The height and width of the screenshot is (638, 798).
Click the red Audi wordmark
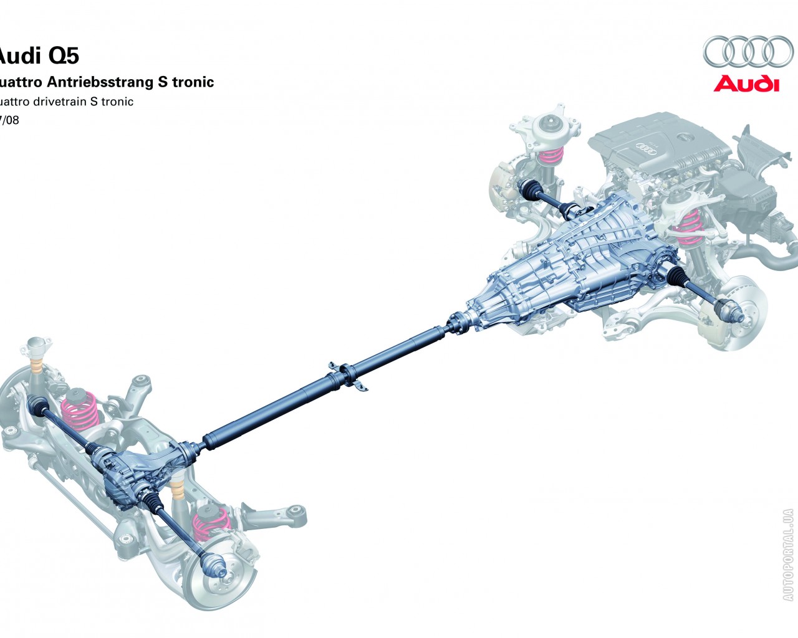tap(746, 83)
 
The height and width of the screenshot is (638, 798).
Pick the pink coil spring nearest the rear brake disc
tap(209, 523)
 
